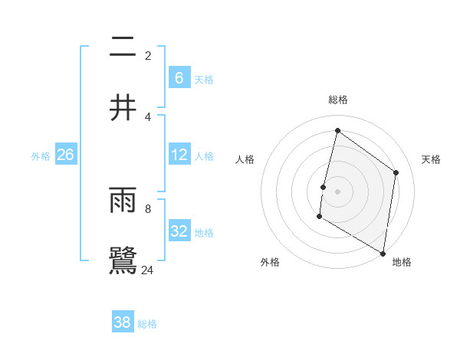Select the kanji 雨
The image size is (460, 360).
[123, 201]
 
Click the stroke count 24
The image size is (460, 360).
[148, 270]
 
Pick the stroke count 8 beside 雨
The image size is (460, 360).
[148, 208]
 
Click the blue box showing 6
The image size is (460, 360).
[179, 78]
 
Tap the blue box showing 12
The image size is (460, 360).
[179, 155]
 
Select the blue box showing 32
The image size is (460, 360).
[179, 231]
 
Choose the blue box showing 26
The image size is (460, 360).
[65, 155]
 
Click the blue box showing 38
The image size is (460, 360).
[123, 322]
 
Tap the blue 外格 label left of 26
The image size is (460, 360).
[41, 156]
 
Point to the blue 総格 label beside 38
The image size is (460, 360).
[147, 324]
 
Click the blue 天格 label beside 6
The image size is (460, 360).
[203, 80]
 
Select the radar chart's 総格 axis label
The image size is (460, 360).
[337, 100]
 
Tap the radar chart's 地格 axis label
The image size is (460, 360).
[402, 262]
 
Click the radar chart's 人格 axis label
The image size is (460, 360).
[245, 159]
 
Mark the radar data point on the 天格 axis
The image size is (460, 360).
[396, 172]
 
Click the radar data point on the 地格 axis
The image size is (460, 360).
[383, 253]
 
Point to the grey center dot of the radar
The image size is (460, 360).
[337, 191]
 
